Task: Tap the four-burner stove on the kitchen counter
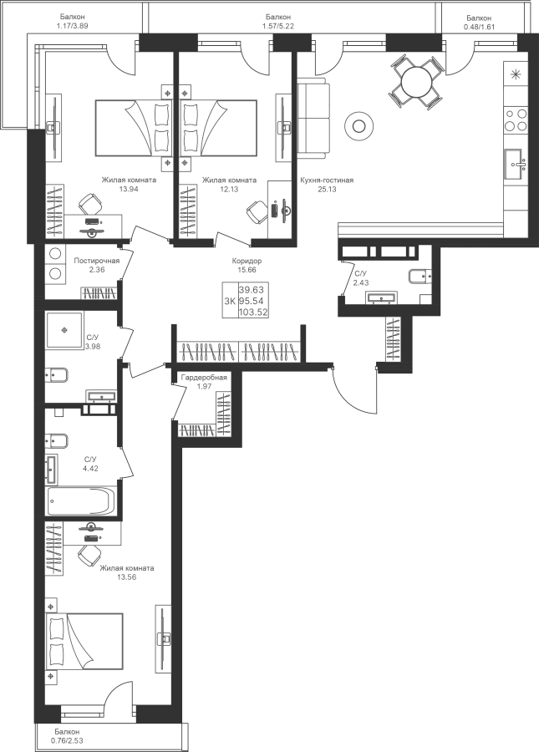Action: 516,119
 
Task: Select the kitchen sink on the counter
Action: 516,165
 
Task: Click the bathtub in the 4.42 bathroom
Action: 81,501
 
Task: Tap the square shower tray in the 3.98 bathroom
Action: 64,330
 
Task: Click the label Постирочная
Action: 96,261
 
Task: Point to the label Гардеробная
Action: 204,378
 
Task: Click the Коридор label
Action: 247,262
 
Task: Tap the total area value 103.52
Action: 253,312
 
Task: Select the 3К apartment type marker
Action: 230,301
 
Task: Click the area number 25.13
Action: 327,189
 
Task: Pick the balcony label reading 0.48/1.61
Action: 479,27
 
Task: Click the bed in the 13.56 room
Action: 84,641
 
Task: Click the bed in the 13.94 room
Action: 134,128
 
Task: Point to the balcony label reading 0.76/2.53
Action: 67,740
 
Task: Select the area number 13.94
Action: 129,189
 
